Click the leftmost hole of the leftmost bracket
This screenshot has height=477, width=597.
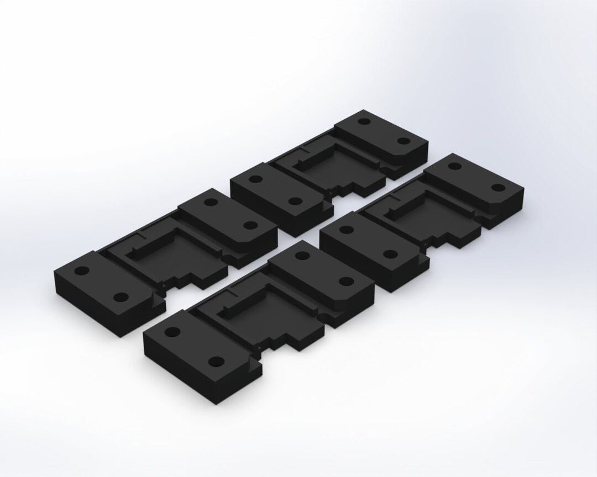click(81, 271)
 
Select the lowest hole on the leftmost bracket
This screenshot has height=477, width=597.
click(120, 297)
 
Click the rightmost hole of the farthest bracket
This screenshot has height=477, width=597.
click(404, 141)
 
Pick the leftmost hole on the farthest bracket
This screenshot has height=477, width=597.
click(256, 179)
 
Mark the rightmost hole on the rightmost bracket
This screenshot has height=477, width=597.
click(498, 187)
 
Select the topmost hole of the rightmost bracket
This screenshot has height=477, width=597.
click(455, 166)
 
